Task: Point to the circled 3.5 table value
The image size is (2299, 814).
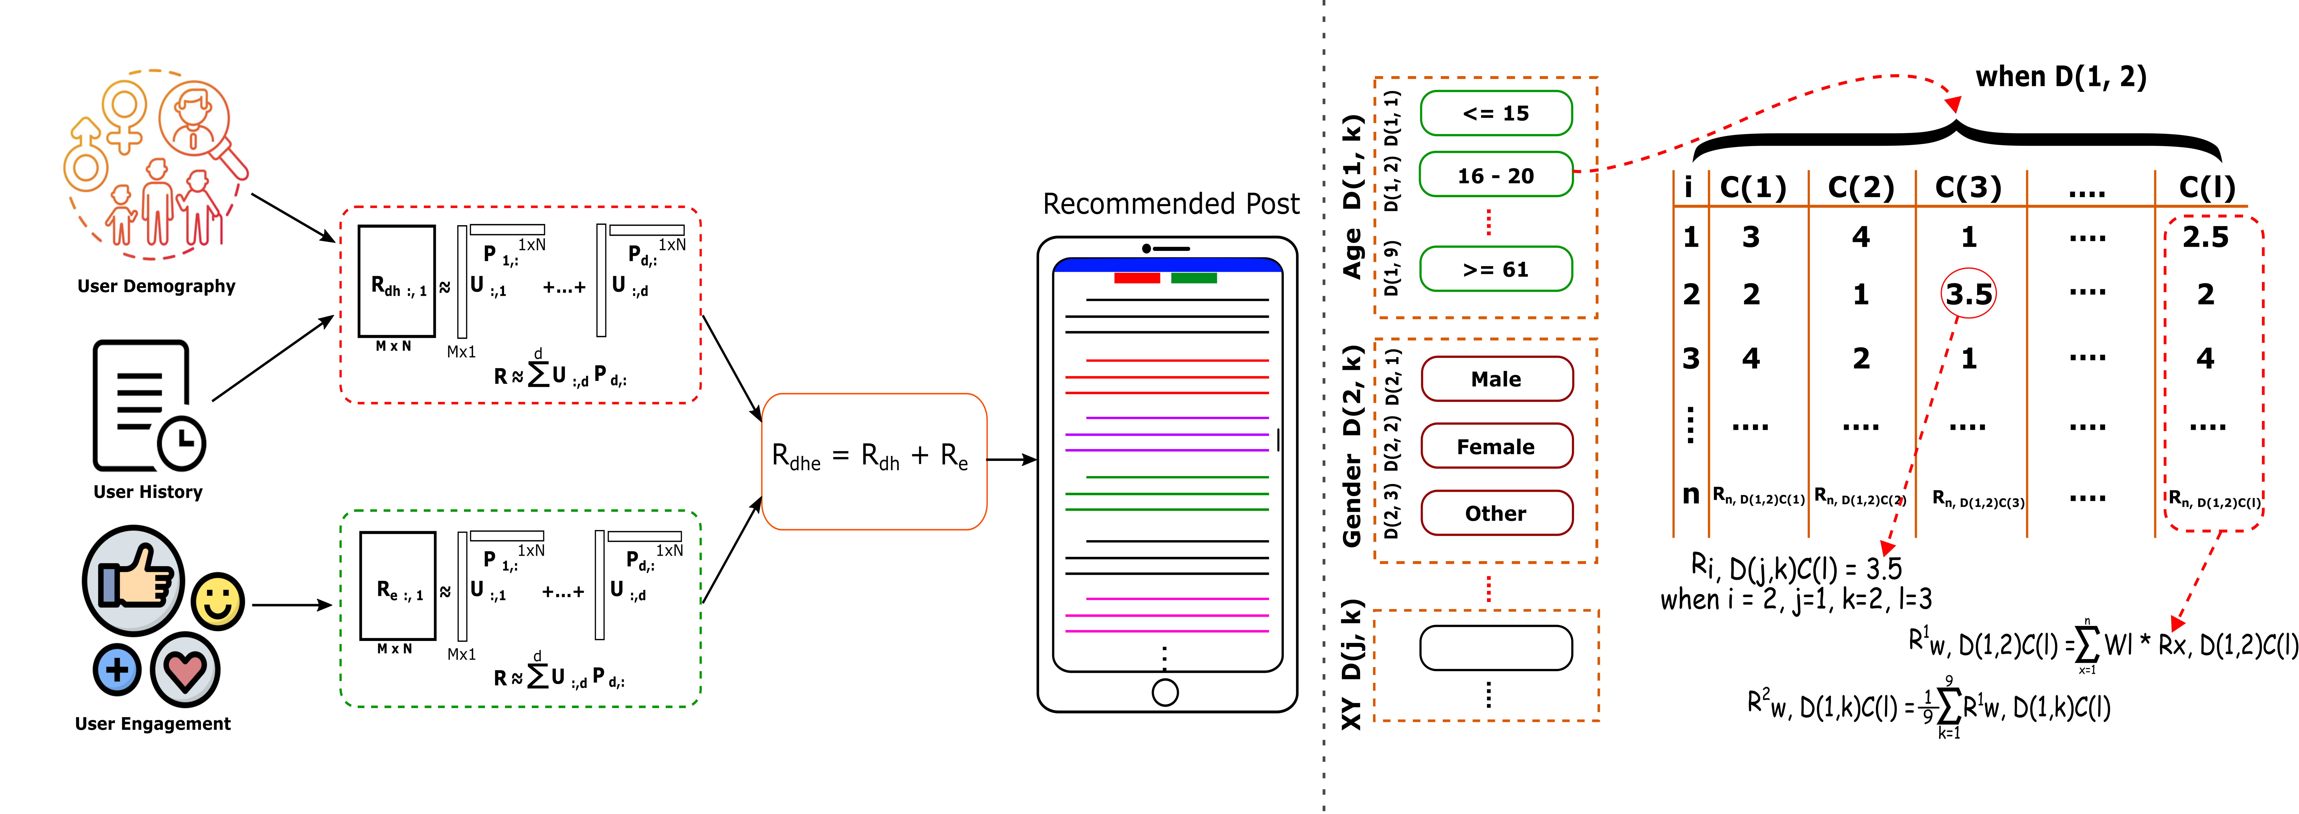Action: point(1968,294)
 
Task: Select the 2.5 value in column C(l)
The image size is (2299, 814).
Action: point(2205,237)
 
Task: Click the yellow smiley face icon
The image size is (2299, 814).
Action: point(218,601)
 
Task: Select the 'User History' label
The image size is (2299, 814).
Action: point(148,492)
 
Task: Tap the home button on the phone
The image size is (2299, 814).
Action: point(1165,692)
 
